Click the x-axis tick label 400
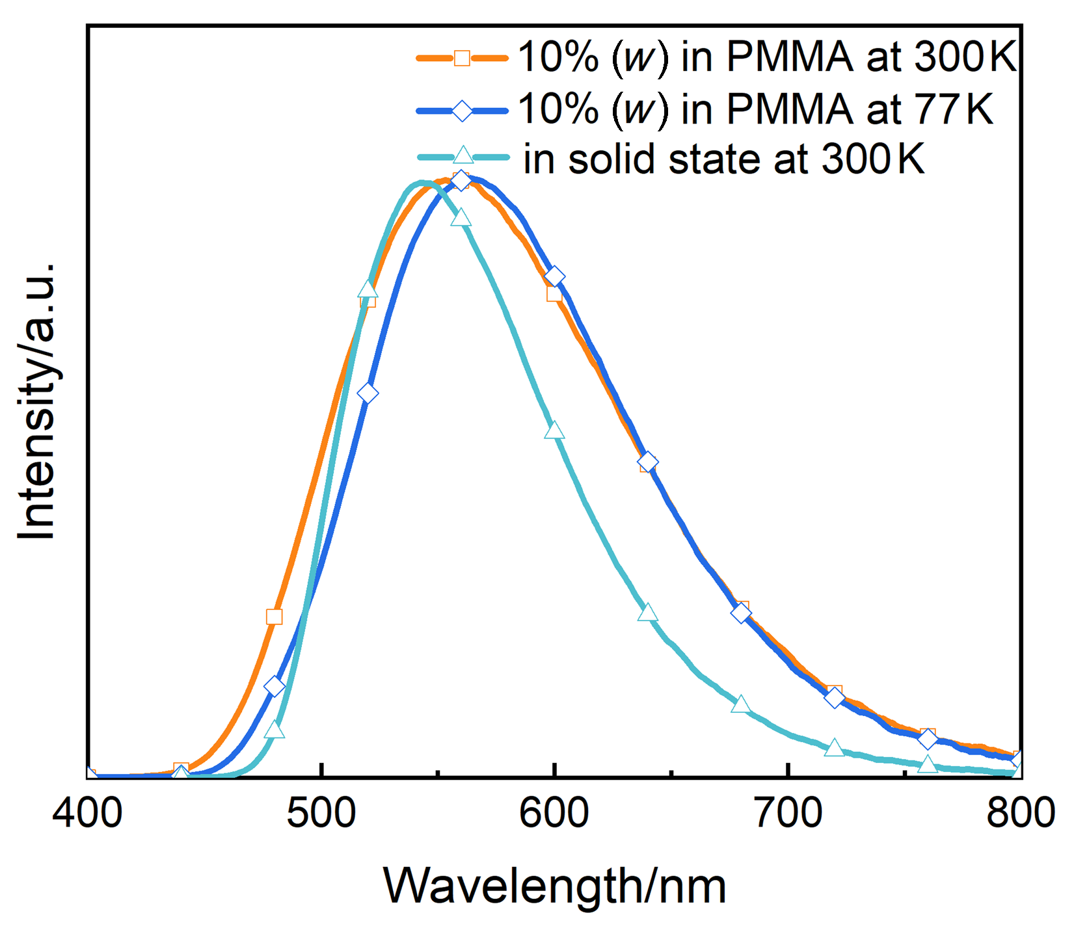87,813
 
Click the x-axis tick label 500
321,813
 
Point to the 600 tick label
554,813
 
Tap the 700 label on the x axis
788,813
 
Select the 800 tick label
1020,813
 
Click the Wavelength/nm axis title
554,885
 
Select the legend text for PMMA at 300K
767,57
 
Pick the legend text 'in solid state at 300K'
723,159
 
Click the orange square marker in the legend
462,58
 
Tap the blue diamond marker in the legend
462,110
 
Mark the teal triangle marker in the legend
463,155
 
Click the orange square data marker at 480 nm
275,617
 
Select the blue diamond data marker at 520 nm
368,393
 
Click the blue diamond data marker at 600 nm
554,277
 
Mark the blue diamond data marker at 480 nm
275,686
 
